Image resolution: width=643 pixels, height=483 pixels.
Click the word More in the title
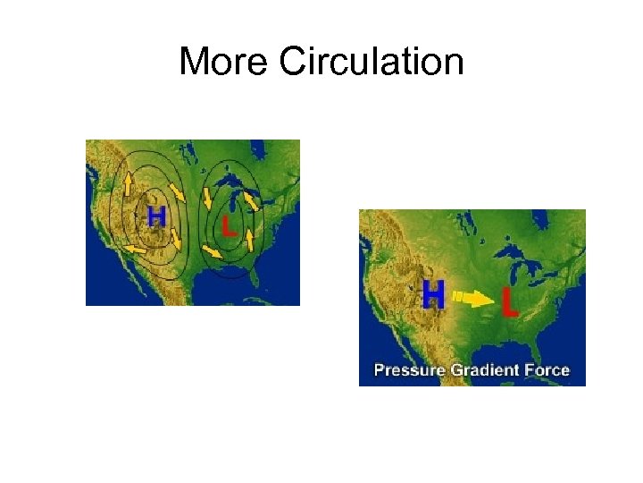point(223,62)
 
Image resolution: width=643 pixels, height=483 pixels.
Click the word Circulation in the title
point(371,62)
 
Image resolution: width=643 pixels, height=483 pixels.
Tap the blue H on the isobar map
point(156,216)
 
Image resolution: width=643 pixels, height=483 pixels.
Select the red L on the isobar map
point(229,225)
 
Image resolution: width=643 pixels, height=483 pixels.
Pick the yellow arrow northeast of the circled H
point(178,191)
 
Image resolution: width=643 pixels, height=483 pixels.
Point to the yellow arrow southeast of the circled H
point(177,240)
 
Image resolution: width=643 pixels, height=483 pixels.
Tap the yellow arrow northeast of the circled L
point(253,202)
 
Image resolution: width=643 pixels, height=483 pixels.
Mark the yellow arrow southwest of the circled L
point(213,251)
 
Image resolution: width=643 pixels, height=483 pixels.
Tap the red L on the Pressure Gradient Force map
point(509,303)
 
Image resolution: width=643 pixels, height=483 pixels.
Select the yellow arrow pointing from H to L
point(473,298)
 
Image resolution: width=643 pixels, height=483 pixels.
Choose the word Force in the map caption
point(547,370)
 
